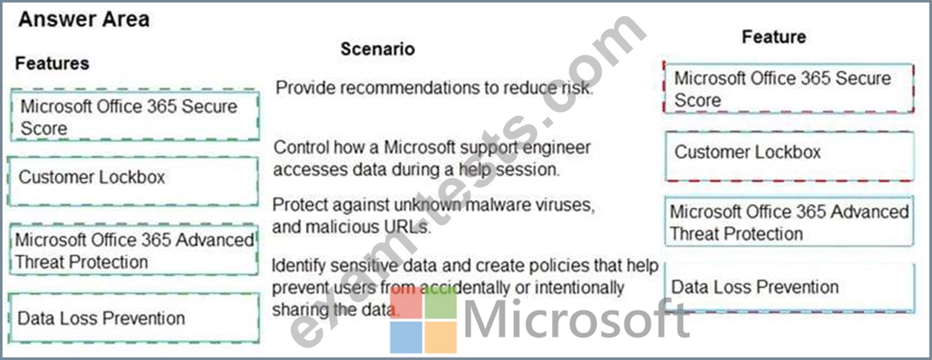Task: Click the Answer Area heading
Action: (84, 20)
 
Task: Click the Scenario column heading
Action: (377, 49)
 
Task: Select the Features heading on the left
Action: (52, 63)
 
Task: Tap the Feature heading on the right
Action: (774, 36)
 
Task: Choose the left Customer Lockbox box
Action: (133, 181)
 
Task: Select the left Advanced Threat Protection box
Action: (133, 250)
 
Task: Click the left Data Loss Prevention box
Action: (133, 317)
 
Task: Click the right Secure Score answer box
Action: (788, 88)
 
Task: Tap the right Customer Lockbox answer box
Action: (790, 156)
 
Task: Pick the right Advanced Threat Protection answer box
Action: (789, 221)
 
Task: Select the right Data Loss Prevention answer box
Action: (790, 287)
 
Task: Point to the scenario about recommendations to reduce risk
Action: (434, 88)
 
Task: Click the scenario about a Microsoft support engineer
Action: (431, 158)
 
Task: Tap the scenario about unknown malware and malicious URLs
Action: (433, 216)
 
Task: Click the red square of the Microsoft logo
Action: (406, 302)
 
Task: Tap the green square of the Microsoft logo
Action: (441, 302)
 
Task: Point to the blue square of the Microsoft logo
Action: (406, 338)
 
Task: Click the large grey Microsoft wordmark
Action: (576, 319)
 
